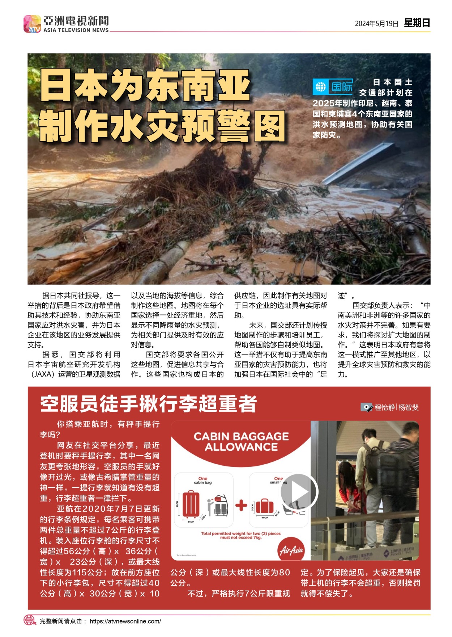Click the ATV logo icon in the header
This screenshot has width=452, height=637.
tap(32, 24)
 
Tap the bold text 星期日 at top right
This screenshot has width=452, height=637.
tap(417, 23)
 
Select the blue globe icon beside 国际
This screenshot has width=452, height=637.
tap(321, 87)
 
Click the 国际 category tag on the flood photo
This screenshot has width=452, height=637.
tap(342, 87)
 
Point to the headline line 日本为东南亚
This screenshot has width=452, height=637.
tap(145, 86)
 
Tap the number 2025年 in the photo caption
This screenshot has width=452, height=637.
tap(327, 104)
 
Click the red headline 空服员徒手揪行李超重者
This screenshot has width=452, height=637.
tap(149, 404)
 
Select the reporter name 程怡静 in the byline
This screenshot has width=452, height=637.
tap(385, 407)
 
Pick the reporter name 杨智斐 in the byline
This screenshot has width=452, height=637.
tap(409, 407)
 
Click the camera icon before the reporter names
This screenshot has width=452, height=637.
tap(366, 407)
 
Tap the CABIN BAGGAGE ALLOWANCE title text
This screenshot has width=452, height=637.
tap(241, 441)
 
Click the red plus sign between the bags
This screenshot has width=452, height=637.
tap(241, 505)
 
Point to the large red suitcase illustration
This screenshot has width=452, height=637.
tap(191, 504)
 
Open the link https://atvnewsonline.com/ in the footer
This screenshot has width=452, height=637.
tap(125, 621)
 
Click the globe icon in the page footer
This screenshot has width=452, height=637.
tap(30, 620)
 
